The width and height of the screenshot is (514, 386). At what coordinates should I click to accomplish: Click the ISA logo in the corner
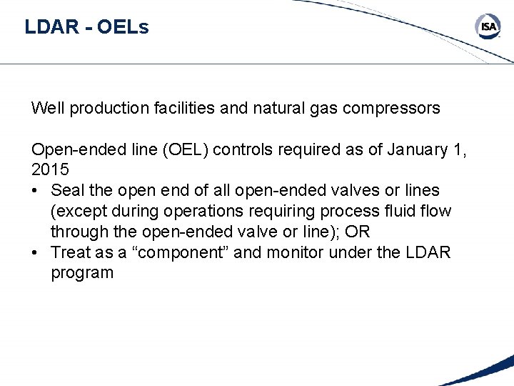click(488, 27)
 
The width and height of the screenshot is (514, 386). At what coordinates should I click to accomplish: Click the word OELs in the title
click(122, 28)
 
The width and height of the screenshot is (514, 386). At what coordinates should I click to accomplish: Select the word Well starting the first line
click(47, 109)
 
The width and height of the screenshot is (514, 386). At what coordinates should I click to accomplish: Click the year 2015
click(50, 170)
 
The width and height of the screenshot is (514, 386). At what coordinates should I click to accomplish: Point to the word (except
click(80, 212)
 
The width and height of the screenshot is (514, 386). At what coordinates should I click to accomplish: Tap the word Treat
click(71, 252)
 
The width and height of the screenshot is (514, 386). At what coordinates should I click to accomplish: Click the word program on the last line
click(82, 273)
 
